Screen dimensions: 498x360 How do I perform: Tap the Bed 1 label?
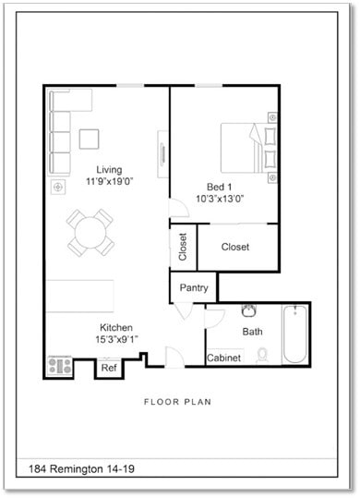pyautogui.click(x=219, y=186)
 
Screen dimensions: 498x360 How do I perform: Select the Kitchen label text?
pyautogui.click(x=117, y=328)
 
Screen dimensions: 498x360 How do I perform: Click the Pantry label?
pyautogui.click(x=194, y=288)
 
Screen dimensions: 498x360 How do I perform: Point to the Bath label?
pyautogui.click(x=252, y=331)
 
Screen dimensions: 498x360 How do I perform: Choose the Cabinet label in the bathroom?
pyautogui.click(x=224, y=358)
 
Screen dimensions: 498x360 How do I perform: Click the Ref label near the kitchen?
pyautogui.click(x=109, y=368)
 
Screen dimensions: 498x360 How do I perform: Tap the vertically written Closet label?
pyautogui.click(x=183, y=247)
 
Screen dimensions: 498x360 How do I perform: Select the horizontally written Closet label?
pyautogui.click(x=235, y=247)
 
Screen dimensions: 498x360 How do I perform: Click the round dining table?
pyautogui.click(x=90, y=231)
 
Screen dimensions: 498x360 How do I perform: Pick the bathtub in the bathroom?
pyautogui.click(x=294, y=334)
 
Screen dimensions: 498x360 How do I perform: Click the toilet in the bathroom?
pyautogui.click(x=263, y=354)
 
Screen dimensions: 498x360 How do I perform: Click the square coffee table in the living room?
pyautogui.click(x=90, y=139)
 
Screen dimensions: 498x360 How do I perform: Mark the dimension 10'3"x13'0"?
pyautogui.click(x=219, y=199)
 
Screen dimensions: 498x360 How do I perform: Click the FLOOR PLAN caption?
pyautogui.click(x=178, y=402)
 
